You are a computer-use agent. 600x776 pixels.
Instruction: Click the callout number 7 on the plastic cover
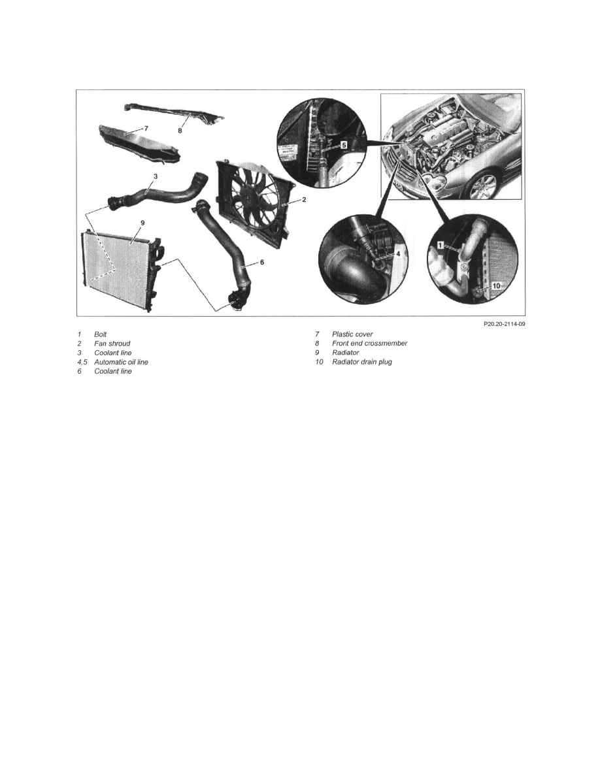(x=146, y=129)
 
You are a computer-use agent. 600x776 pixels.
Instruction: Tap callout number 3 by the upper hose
(x=155, y=176)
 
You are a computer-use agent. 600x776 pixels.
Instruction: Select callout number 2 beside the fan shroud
(x=304, y=199)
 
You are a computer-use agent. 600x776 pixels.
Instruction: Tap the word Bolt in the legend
(x=101, y=334)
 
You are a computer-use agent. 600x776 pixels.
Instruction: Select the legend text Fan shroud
(x=112, y=344)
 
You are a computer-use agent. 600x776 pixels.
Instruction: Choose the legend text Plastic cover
(x=352, y=334)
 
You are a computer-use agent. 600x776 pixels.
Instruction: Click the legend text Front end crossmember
(x=369, y=344)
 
